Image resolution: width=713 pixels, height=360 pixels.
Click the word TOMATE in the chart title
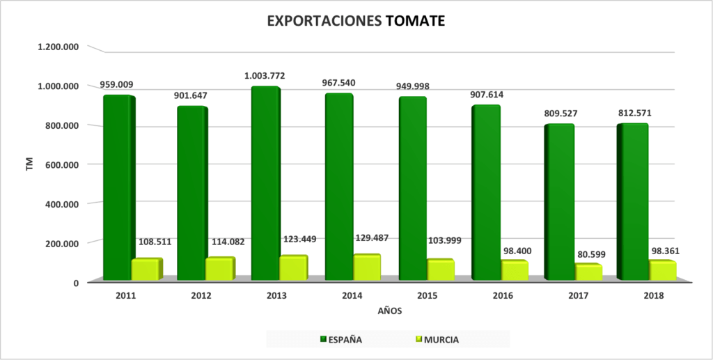pyautogui.click(x=415, y=22)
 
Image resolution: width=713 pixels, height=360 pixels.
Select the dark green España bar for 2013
pyautogui.click(x=265, y=185)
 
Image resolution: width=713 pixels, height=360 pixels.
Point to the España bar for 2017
pyautogui.click(x=559, y=202)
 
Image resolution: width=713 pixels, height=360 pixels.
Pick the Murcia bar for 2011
pyautogui.click(x=146, y=269)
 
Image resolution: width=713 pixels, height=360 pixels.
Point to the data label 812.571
pyautogui.click(x=634, y=113)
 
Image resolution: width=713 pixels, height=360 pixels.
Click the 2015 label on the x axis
pyautogui.click(x=428, y=295)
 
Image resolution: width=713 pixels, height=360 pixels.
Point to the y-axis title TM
pyautogui.click(x=29, y=165)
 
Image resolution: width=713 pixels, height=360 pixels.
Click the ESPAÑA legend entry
pyautogui.click(x=340, y=340)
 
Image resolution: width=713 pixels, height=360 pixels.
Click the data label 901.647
pyautogui.click(x=191, y=95)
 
